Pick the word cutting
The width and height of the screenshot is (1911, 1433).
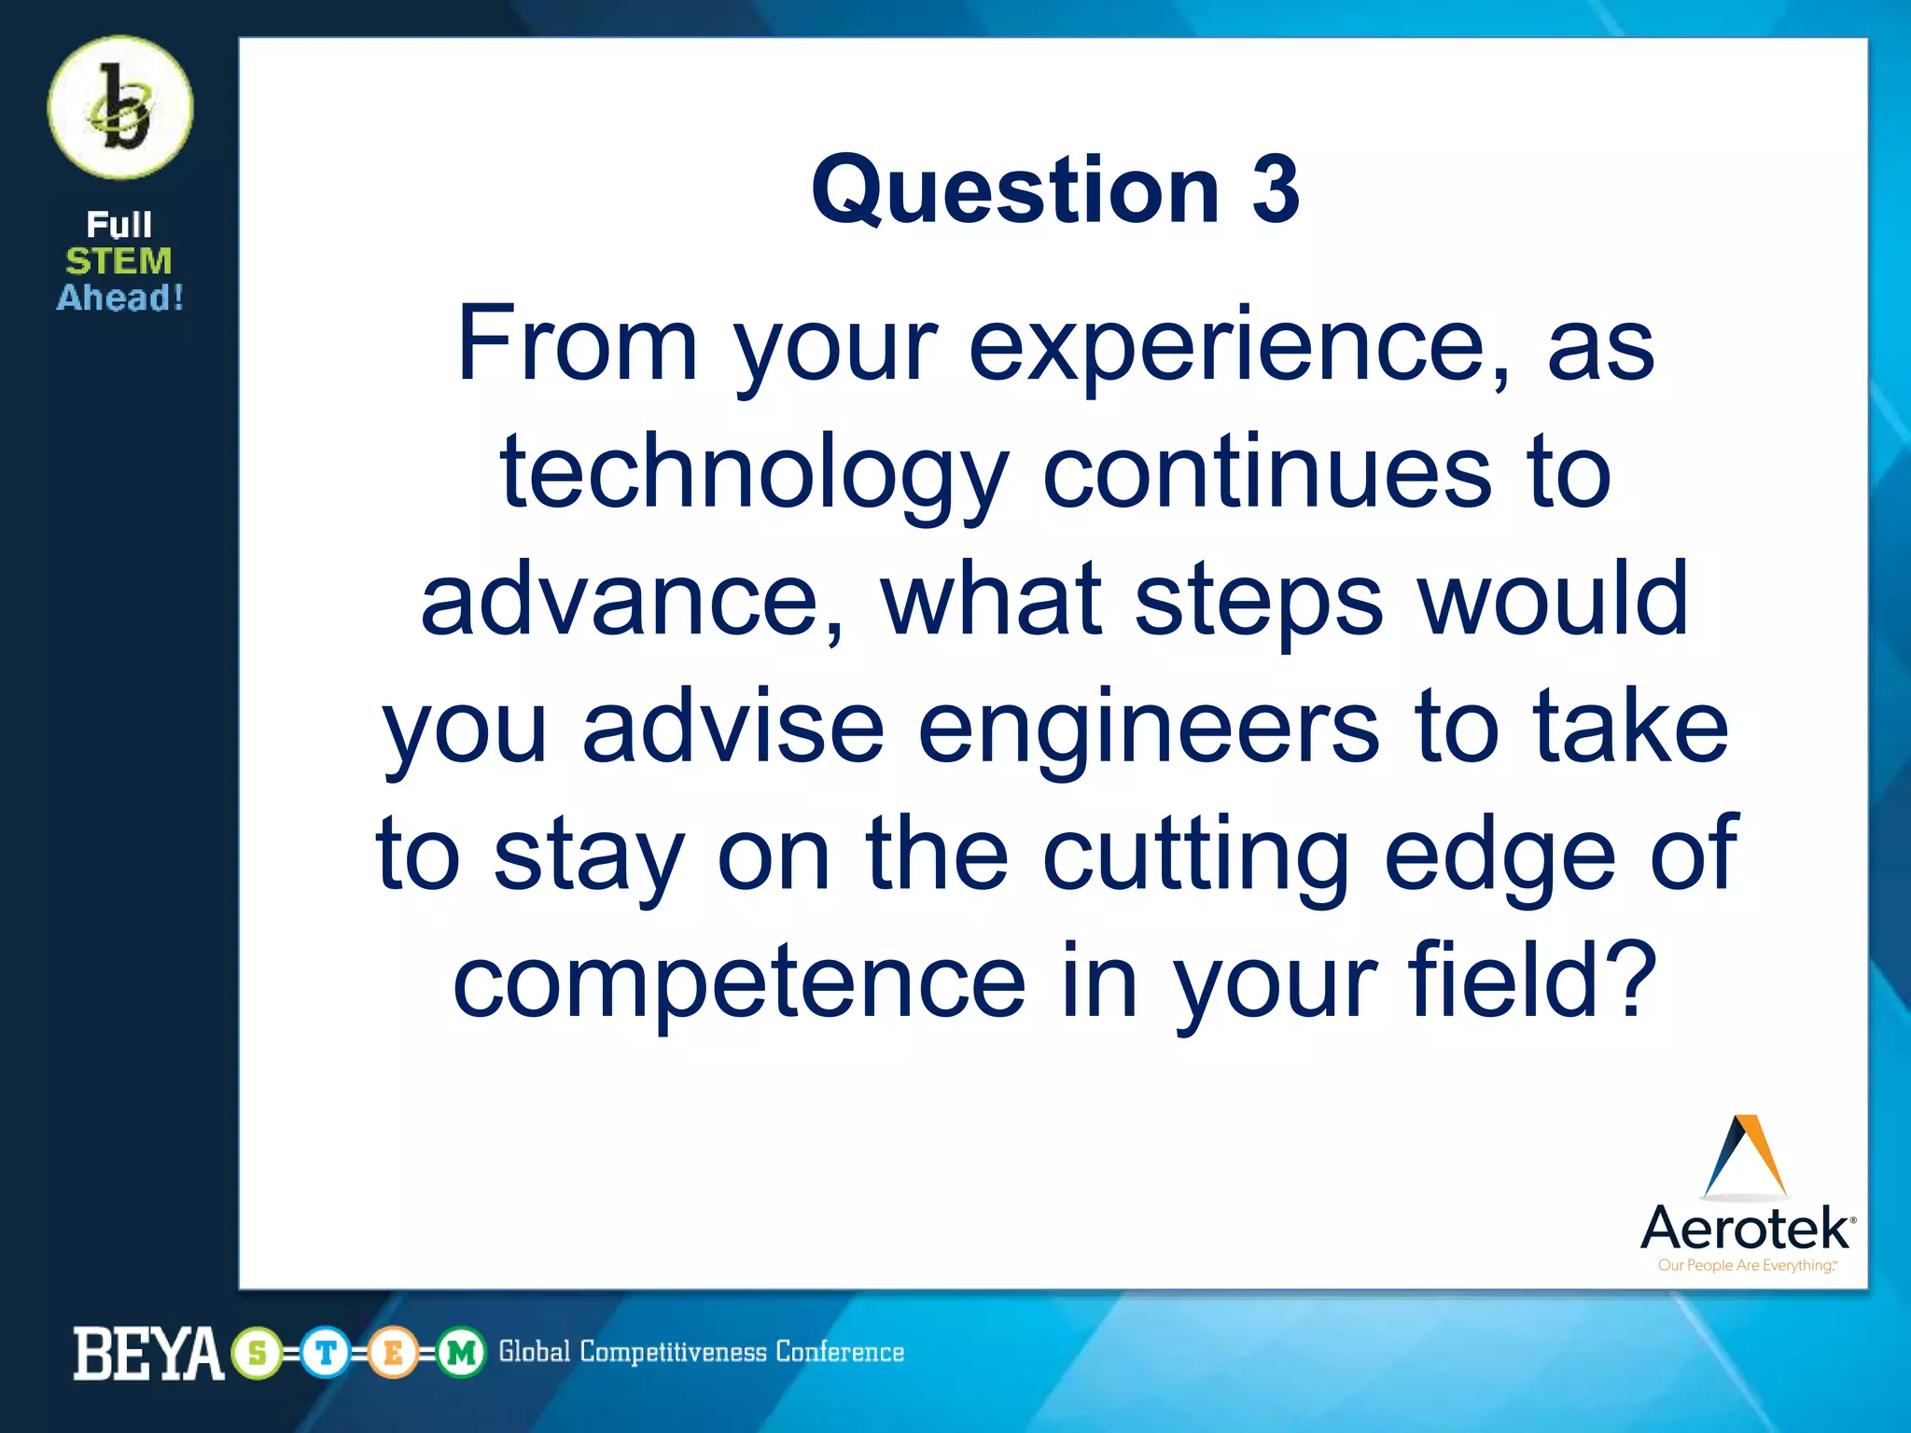[x=1195, y=855]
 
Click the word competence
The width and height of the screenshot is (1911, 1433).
[x=739, y=981]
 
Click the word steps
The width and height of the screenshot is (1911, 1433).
[x=1258, y=603]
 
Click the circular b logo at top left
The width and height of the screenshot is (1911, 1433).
[x=120, y=108]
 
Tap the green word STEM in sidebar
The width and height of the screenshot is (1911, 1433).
[x=119, y=261]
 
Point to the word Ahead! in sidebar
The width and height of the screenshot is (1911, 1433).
[x=120, y=299]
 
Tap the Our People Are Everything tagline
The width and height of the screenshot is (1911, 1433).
[x=1745, y=1266]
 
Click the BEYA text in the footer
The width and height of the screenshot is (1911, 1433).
[x=147, y=1354]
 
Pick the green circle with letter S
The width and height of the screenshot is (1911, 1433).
[x=258, y=1353]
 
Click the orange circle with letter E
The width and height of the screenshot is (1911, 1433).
[x=393, y=1353]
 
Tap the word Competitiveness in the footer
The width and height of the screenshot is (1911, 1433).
[x=672, y=1352]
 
